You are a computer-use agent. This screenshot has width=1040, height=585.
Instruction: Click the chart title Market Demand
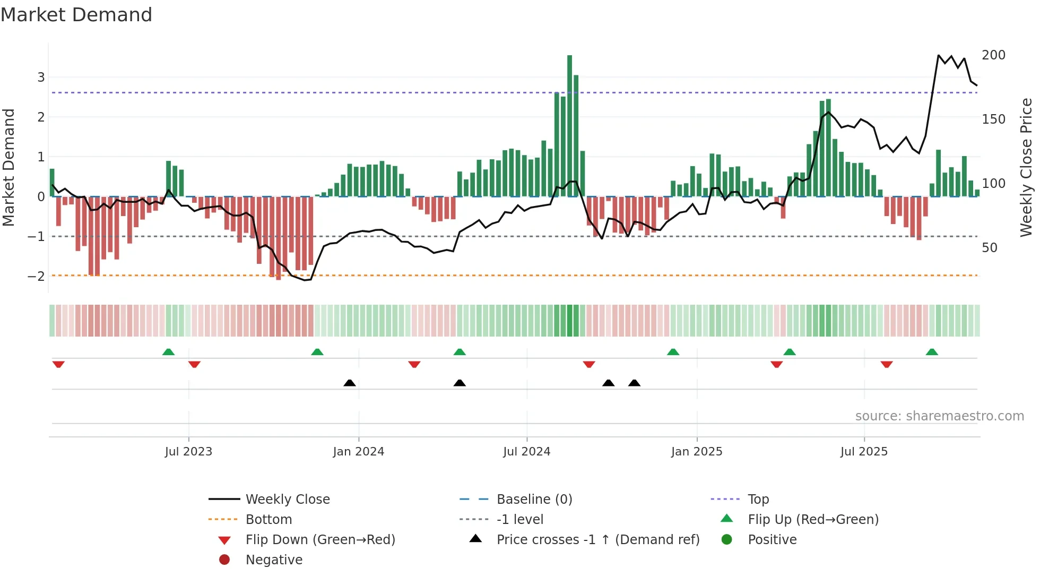click(x=76, y=15)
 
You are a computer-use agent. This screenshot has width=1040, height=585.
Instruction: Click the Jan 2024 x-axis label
click(x=358, y=451)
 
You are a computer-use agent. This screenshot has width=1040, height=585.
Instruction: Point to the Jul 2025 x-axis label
click(x=863, y=451)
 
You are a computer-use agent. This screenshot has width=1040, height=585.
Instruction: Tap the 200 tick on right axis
click(x=993, y=55)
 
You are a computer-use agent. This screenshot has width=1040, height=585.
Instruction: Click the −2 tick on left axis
click(x=37, y=276)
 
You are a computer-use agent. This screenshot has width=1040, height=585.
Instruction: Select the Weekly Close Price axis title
click(x=1026, y=167)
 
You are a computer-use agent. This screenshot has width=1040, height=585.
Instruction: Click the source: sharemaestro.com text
click(x=939, y=416)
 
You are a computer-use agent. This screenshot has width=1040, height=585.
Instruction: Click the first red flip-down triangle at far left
click(x=58, y=364)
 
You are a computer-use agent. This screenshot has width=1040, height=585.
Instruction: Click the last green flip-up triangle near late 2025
click(x=932, y=352)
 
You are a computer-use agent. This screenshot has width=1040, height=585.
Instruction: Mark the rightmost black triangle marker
click(x=634, y=383)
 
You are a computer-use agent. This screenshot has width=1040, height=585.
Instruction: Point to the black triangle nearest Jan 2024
click(x=350, y=383)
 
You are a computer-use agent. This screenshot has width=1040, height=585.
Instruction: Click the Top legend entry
click(x=758, y=499)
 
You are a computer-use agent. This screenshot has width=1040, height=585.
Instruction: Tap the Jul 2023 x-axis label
click(x=188, y=451)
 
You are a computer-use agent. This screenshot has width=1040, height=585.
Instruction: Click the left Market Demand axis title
click(x=9, y=167)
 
